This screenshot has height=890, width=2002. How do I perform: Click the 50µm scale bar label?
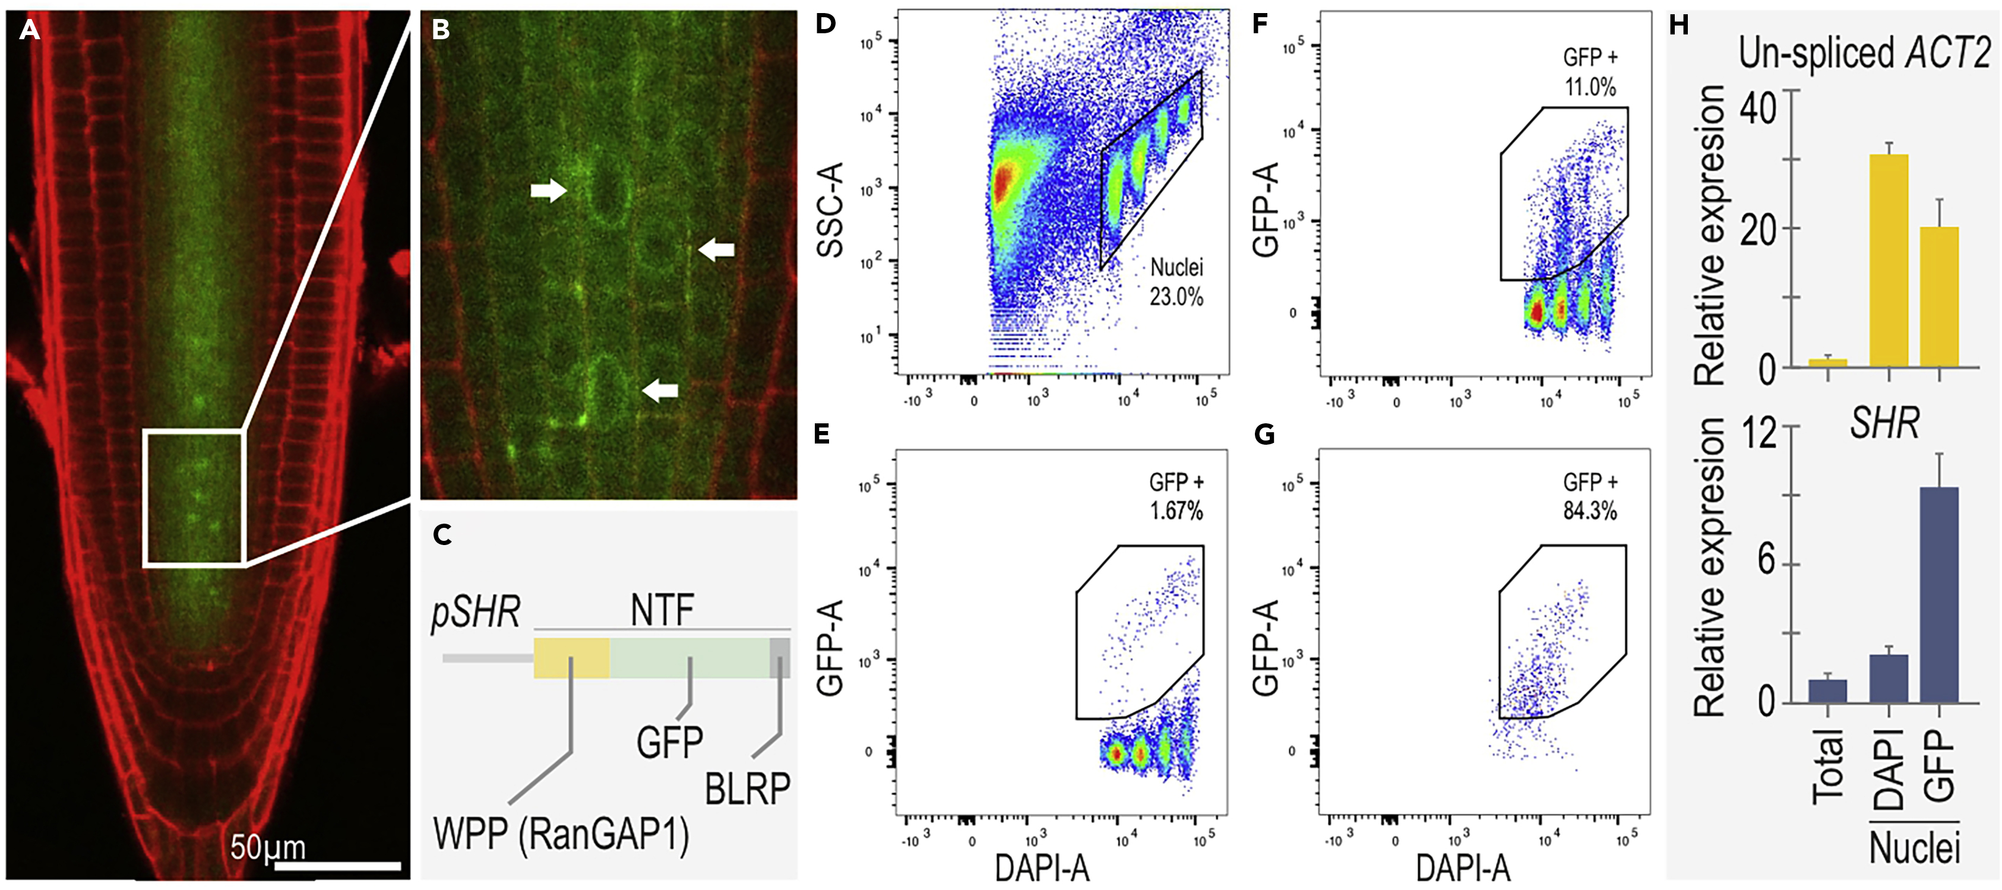click(x=267, y=847)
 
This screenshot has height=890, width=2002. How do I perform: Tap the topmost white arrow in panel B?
click(x=549, y=189)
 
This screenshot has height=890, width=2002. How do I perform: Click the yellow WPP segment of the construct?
click(x=571, y=658)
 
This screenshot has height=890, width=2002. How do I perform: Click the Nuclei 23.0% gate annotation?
click(x=1176, y=282)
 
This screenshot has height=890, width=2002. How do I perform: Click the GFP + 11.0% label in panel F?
click(x=1590, y=71)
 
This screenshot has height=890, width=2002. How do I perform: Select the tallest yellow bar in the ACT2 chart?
click(x=1889, y=261)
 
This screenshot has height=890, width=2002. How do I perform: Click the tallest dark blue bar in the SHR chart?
click(x=1939, y=595)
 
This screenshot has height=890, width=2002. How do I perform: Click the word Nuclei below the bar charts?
click(x=1914, y=847)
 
